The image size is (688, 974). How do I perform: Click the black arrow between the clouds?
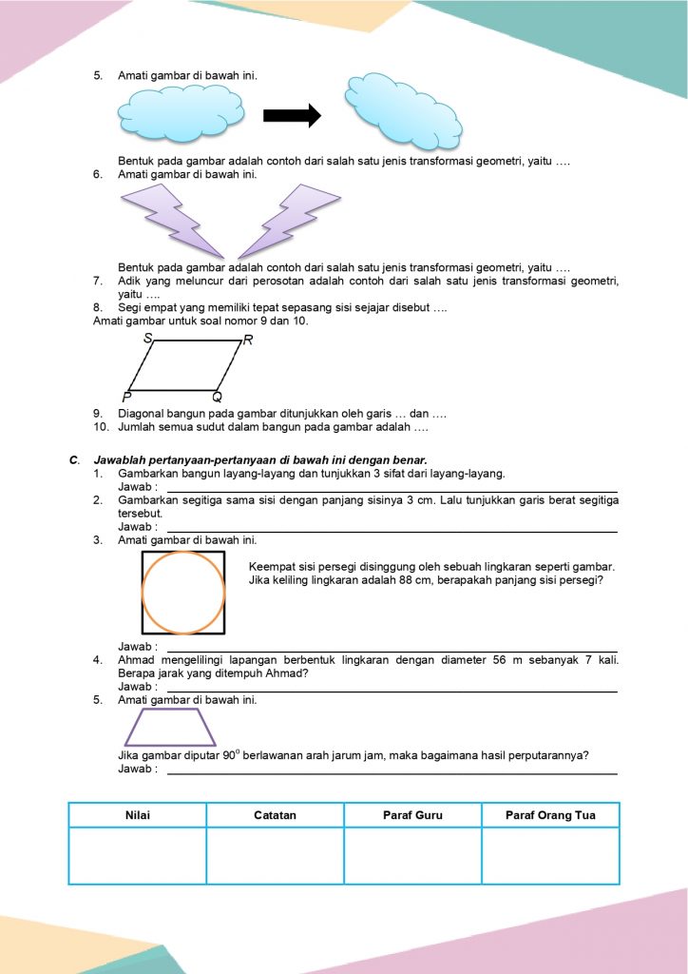tap(292, 115)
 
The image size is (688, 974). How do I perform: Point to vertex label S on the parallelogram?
tap(148, 338)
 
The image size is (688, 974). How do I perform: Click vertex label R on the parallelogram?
tap(248, 341)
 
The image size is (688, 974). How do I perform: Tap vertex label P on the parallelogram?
tap(126, 396)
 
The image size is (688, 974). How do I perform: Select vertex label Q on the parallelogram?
tap(217, 397)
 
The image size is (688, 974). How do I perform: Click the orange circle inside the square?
tap(183, 592)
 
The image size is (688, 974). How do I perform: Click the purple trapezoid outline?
tap(170, 727)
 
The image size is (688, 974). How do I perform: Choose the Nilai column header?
tap(138, 815)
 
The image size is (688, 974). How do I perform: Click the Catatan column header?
tap(276, 815)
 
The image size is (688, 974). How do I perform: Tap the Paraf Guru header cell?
tap(412, 815)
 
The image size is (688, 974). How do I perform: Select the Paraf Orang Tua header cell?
tap(550, 815)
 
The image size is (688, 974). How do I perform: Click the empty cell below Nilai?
tap(138, 856)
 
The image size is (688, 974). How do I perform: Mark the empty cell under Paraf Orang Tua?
tap(550, 856)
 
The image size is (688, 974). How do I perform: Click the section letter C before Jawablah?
tap(73, 460)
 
